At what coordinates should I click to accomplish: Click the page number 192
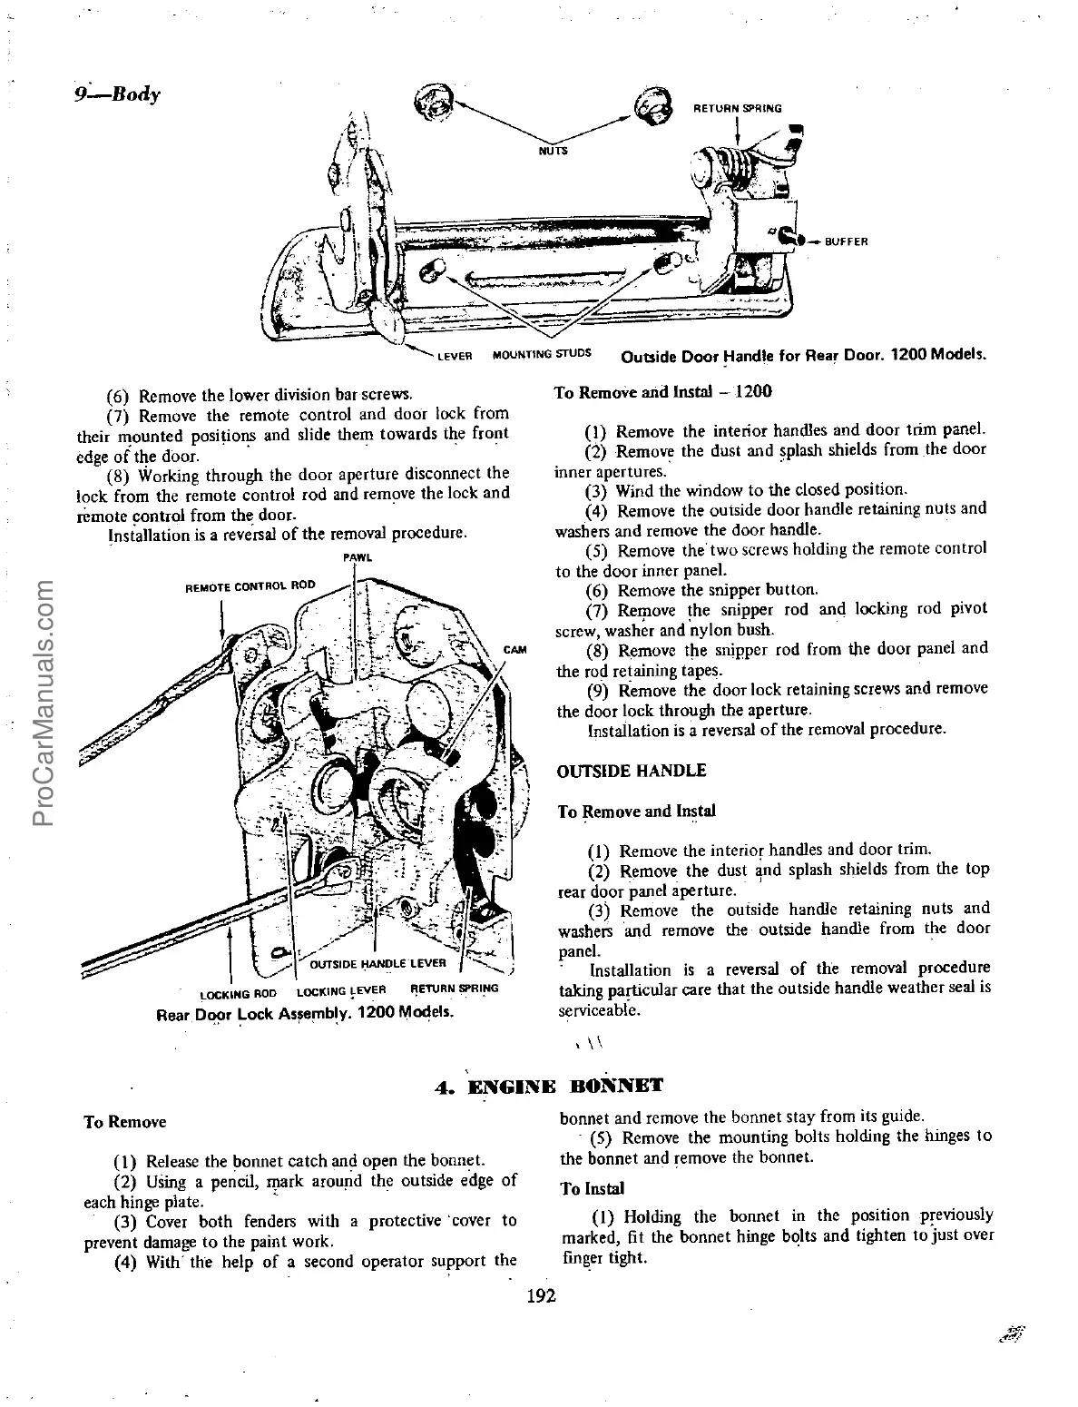pos(540,1295)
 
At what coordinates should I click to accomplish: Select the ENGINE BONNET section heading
pos(547,1086)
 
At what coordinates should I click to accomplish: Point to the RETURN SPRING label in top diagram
pos(737,108)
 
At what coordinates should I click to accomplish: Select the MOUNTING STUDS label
pos(542,353)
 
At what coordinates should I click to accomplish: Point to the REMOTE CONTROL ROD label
pos(250,585)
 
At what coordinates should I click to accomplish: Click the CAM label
pos(514,650)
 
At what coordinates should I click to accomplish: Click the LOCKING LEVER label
pos(341,990)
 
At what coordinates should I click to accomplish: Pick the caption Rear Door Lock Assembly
pos(306,1012)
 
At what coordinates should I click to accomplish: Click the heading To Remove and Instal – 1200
pos(662,392)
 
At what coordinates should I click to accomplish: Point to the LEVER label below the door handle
pos(455,356)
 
